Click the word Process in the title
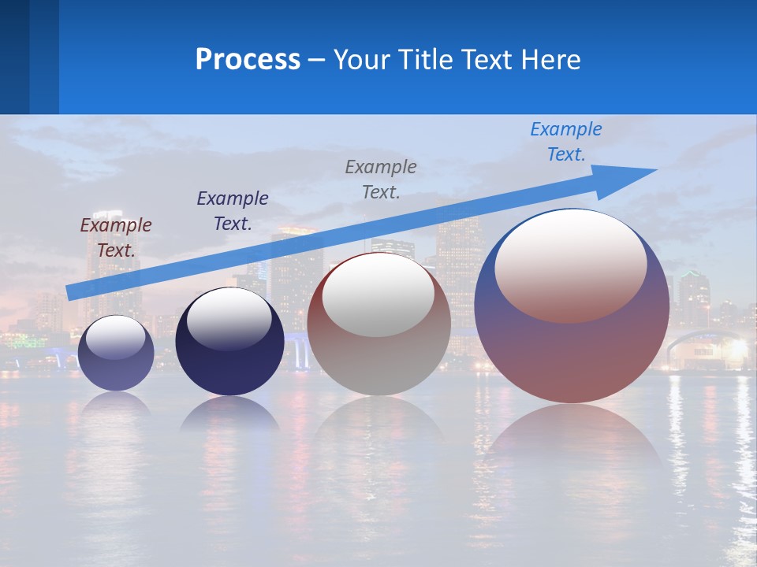[x=248, y=60]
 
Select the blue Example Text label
[x=565, y=142]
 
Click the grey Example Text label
[x=381, y=179]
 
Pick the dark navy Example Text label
[x=233, y=210]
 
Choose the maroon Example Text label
[x=116, y=237]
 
